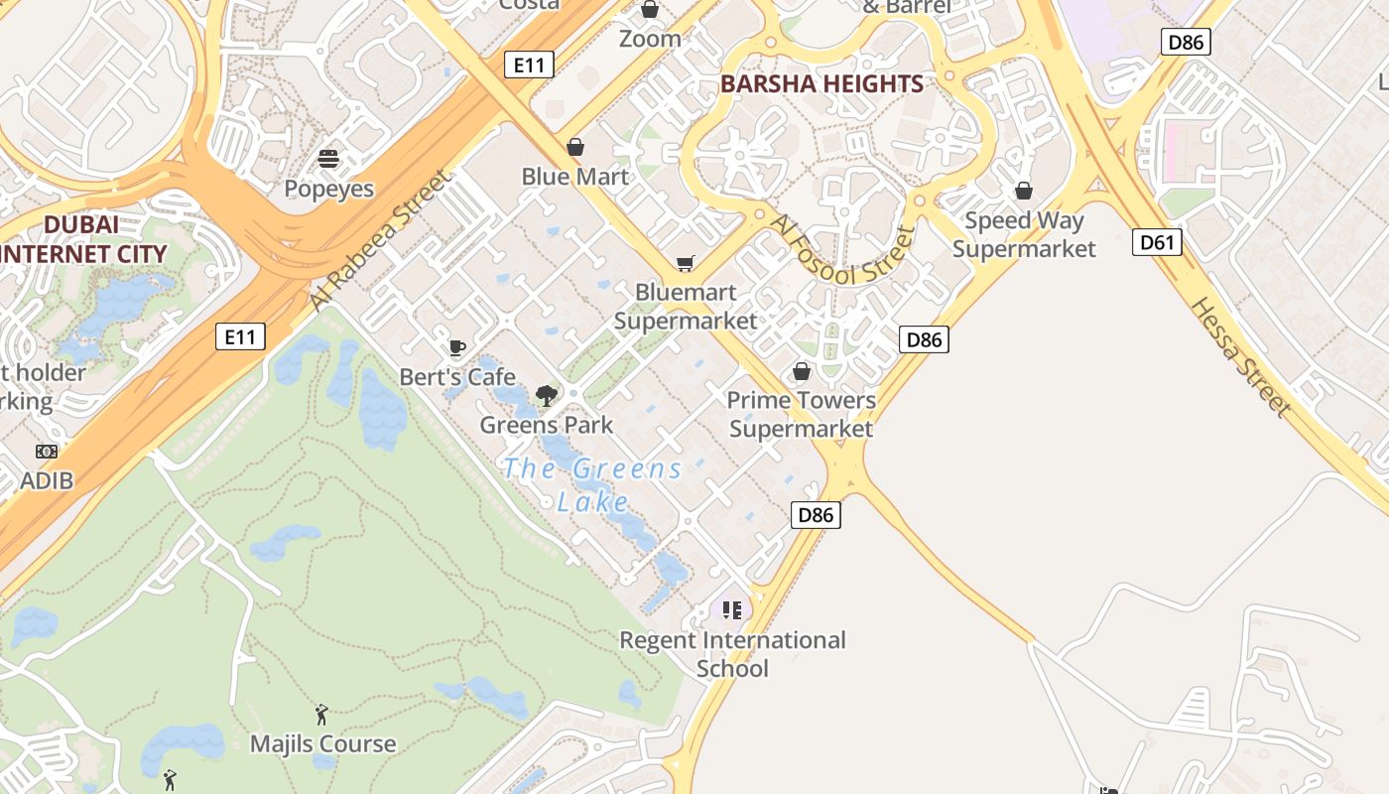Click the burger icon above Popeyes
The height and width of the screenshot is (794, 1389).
click(x=328, y=159)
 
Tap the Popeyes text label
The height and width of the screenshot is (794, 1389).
click(x=328, y=189)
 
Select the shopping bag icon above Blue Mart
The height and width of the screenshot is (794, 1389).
click(x=575, y=147)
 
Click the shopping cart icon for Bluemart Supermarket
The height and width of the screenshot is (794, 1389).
click(x=685, y=263)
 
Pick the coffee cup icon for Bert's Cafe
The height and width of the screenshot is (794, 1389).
click(x=456, y=347)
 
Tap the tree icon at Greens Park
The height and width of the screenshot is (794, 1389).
click(x=546, y=396)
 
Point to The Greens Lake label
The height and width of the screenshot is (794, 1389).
click(x=592, y=484)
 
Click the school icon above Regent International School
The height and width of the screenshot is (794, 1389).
click(x=732, y=609)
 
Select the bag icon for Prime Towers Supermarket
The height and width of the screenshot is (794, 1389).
click(x=802, y=371)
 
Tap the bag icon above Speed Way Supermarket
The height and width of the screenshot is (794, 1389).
click(x=1024, y=191)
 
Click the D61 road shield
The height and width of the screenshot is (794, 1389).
click(x=1157, y=242)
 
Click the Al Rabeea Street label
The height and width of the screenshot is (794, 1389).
click(x=379, y=240)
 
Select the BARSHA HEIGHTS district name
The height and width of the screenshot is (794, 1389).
click(x=821, y=83)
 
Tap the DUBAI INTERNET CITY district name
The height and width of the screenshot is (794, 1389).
click(x=82, y=239)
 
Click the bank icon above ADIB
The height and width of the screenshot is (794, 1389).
click(x=47, y=452)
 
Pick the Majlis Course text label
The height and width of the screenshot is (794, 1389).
click(x=322, y=743)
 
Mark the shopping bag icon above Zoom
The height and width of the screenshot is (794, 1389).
click(x=650, y=10)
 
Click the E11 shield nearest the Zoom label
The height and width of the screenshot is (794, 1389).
click(x=528, y=66)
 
